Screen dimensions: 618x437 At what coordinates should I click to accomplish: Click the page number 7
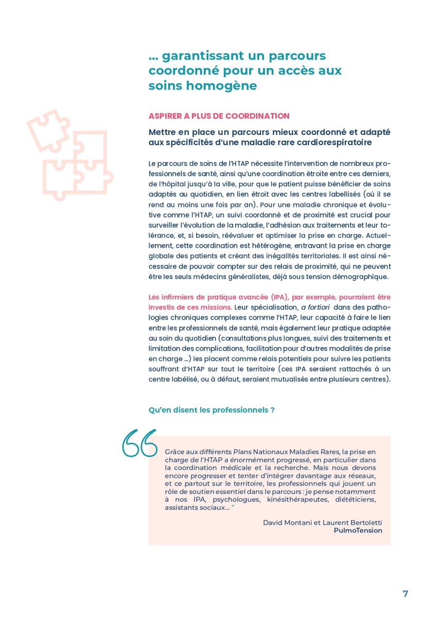coord(405,593)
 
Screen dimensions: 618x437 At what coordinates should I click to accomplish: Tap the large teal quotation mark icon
coord(139,443)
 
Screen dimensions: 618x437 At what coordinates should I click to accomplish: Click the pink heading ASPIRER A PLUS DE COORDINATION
coord(219,116)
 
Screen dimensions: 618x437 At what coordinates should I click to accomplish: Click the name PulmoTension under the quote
coord(358,530)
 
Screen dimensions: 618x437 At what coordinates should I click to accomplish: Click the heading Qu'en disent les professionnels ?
coord(212,410)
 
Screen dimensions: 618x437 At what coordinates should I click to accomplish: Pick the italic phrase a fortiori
coord(316,307)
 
